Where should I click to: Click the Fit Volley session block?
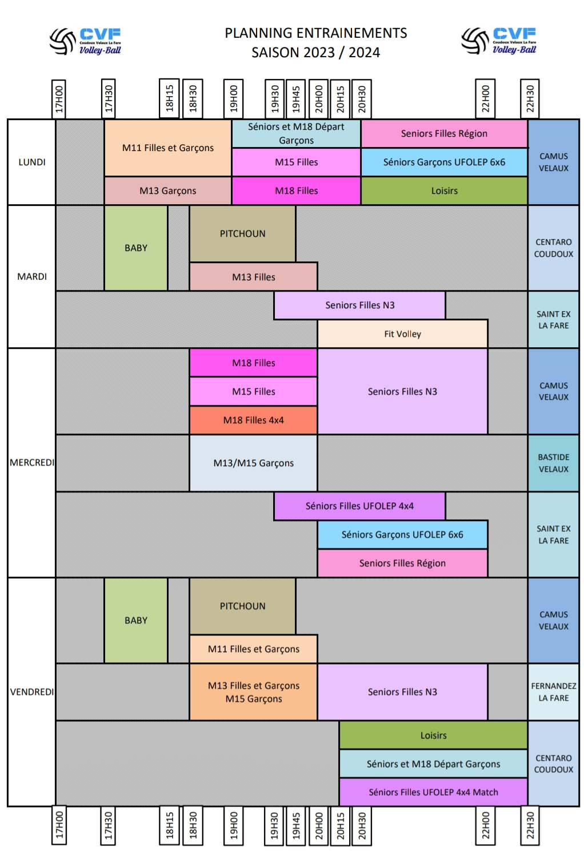(402, 334)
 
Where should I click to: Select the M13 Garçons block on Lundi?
(168, 190)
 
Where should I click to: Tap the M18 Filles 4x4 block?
(253, 420)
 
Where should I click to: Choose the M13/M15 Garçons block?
(253, 463)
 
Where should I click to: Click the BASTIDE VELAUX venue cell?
(553, 463)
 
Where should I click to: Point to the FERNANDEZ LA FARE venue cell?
(553, 691)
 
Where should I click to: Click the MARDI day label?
(32, 276)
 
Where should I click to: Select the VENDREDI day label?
(32, 691)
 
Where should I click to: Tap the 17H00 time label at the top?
(59, 98)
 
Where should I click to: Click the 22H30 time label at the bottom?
(530, 825)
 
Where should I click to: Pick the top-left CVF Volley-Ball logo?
(86, 41)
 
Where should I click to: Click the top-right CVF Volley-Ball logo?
(499, 41)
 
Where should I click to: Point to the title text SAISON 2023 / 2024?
(315, 53)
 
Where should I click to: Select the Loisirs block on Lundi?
(444, 190)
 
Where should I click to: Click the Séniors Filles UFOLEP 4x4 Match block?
(433, 792)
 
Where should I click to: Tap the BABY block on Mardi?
(136, 248)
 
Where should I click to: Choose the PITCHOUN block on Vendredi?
(242, 606)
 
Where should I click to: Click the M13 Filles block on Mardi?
(253, 277)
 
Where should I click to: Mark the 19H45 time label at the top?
(295, 98)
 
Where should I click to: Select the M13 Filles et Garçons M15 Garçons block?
(253, 691)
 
